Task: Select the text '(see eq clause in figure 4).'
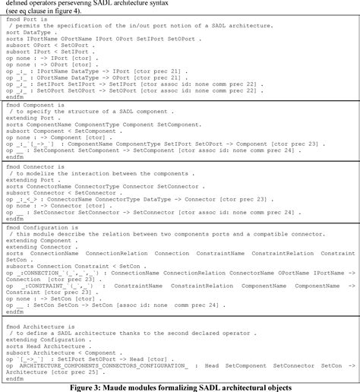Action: tap(51, 11)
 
